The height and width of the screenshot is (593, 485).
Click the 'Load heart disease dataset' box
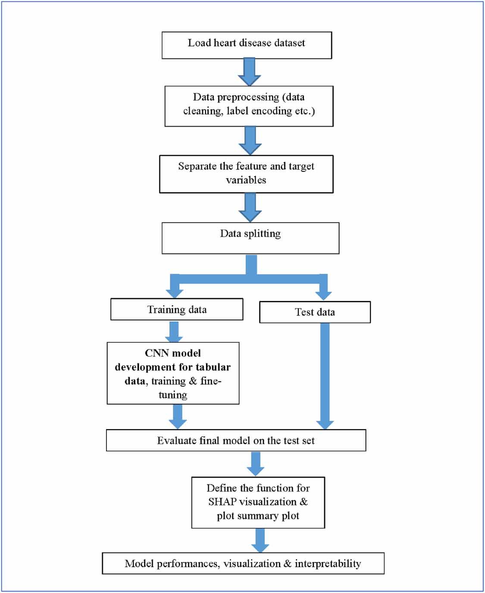247,45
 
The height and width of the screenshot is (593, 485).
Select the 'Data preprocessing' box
249,106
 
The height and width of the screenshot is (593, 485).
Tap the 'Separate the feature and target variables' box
246,174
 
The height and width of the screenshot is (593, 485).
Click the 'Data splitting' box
250,238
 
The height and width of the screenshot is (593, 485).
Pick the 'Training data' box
177,309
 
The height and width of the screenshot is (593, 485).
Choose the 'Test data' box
315,312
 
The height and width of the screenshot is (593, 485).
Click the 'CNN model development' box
173,373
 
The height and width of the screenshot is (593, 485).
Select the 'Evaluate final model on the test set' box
236,440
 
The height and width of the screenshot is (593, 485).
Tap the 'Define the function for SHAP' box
258,502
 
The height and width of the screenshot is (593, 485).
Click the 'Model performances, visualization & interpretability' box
243,563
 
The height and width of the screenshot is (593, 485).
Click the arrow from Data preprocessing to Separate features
250,140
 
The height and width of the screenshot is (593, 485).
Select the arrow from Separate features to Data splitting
250,207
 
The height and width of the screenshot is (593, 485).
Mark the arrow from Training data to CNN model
174,332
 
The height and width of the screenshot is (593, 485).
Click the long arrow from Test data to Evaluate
325,375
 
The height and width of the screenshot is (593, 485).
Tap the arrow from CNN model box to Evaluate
177,416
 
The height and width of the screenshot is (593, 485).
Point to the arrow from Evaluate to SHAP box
256,464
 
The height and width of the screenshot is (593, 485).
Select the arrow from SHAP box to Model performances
260,540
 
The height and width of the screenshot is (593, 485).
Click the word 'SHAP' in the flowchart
222,502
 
